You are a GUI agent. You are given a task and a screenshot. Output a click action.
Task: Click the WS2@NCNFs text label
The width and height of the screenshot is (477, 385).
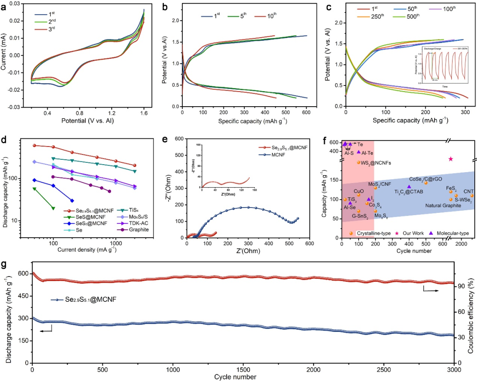tap(378, 163)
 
